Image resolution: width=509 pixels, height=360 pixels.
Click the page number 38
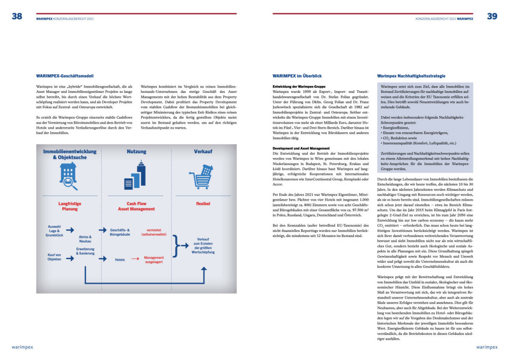17,16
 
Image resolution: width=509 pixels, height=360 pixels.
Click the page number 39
492,16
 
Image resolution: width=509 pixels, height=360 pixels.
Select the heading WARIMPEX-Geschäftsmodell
65,76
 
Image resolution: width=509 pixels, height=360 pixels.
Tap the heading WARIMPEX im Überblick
297,76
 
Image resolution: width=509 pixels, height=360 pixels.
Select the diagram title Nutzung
137,152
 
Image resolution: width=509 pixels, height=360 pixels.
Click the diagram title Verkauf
203,152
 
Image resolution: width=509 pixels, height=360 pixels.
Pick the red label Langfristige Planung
70,206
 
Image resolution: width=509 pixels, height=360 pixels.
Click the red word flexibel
203,204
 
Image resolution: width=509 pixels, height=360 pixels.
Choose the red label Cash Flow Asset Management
136,206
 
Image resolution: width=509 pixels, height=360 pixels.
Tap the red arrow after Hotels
135,259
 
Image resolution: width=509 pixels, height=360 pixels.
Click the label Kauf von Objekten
54,257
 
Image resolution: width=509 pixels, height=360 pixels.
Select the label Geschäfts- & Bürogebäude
120,232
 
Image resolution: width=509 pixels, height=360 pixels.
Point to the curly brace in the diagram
176,245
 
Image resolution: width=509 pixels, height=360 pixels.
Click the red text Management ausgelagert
154,260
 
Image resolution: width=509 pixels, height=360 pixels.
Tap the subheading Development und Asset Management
301,148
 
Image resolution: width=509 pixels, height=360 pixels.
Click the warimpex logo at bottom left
22,347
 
